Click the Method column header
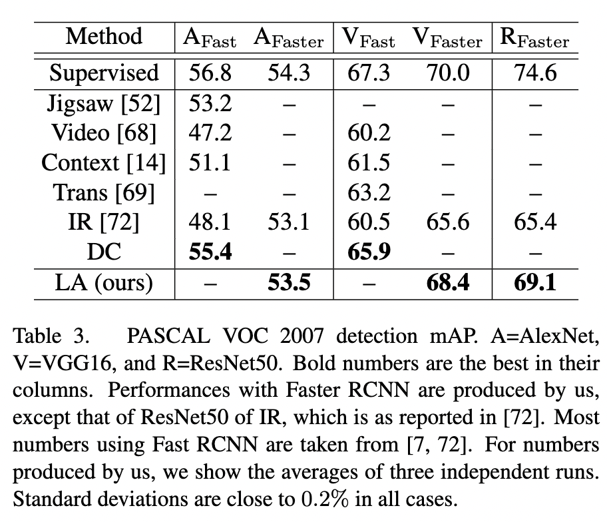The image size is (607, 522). (x=104, y=37)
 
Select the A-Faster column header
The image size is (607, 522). (x=288, y=39)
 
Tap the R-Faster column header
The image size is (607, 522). (x=534, y=39)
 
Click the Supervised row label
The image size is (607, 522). (x=104, y=73)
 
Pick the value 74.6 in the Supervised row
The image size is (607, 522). (x=535, y=73)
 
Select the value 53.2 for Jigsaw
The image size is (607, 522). (x=210, y=103)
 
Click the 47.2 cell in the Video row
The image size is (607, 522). (x=210, y=133)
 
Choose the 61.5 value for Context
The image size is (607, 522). (x=369, y=162)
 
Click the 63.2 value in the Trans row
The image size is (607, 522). (x=369, y=192)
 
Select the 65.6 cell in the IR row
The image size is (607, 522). (x=447, y=222)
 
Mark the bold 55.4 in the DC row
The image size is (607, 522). (x=210, y=252)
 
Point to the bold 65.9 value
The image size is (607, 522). (x=369, y=252)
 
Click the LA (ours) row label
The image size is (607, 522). (x=104, y=283)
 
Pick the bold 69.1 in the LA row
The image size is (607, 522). (x=535, y=283)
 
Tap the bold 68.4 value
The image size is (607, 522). (x=447, y=283)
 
